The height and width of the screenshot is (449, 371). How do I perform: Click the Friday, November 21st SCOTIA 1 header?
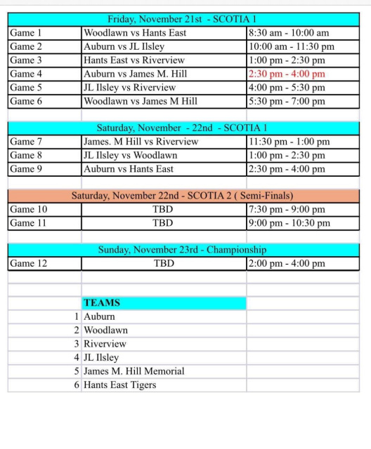pyautogui.click(x=181, y=19)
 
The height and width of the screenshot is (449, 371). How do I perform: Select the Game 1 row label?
pyautogui.click(x=27, y=33)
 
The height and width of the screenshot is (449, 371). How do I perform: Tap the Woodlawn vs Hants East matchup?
pyautogui.click(x=135, y=33)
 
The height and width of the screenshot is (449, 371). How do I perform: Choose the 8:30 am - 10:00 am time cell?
pyautogui.click(x=289, y=33)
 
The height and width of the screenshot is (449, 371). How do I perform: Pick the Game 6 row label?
pyautogui.click(x=27, y=101)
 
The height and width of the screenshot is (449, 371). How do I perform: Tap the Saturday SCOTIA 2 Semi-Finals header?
pyautogui.click(x=183, y=196)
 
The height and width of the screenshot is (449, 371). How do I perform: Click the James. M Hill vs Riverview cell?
pyautogui.click(x=141, y=142)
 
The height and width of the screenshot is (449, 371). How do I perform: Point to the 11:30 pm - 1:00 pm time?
pyautogui.click(x=289, y=142)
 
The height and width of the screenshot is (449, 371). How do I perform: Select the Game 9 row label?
pyautogui.click(x=27, y=169)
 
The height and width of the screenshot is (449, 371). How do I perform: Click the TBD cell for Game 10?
pyautogui.click(x=163, y=210)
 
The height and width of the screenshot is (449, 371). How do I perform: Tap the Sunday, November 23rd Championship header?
pyautogui.click(x=182, y=250)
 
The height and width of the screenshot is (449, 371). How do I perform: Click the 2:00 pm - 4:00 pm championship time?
pyautogui.click(x=287, y=264)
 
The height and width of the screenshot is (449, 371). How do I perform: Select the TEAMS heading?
pyautogui.click(x=102, y=303)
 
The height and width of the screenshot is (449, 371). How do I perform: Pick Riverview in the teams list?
pyautogui.click(x=105, y=344)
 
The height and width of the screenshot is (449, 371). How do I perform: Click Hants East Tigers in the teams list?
pyautogui.click(x=120, y=384)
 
